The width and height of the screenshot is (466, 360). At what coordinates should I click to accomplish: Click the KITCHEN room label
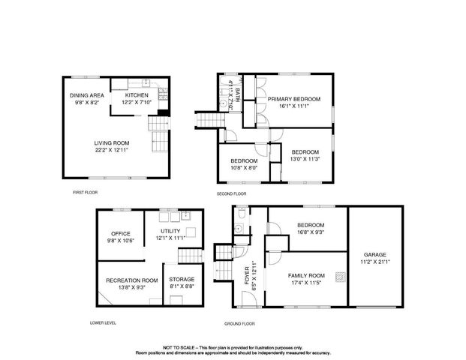tap(137, 95)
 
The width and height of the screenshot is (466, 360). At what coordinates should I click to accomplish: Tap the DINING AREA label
tap(86, 95)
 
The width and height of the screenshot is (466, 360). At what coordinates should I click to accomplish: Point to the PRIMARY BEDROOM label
tap(294, 99)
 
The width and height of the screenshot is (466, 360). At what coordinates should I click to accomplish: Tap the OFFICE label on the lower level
tap(121, 233)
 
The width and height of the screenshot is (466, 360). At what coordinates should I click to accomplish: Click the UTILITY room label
tap(170, 231)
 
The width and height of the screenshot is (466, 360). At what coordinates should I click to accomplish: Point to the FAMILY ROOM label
tap(306, 275)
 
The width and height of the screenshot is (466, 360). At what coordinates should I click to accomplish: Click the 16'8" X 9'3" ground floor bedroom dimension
tap(310, 232)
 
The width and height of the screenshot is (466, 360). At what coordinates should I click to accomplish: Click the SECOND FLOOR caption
tap(232, 193)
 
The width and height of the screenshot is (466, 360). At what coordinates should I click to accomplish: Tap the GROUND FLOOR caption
tap(239, 323)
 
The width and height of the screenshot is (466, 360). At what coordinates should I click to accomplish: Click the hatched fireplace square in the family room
tap(339, 276)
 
